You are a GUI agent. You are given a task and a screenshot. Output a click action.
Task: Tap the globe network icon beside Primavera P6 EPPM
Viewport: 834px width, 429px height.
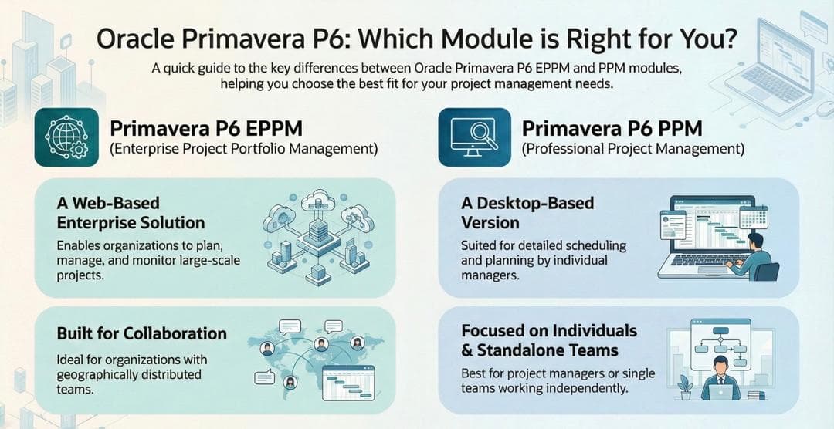click(66, 137)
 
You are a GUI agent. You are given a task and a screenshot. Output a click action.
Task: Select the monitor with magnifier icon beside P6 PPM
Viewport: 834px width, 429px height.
click(474, 137)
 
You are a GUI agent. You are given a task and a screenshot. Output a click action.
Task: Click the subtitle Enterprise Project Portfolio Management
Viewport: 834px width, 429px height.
click(244, 149)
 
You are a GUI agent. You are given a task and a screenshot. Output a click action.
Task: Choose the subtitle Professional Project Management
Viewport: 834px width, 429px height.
click(633, 149)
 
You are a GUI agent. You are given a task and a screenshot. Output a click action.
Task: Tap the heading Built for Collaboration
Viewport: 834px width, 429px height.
click(142, 333)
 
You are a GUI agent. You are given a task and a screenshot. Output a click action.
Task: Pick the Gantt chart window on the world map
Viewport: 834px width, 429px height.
click(348, 383)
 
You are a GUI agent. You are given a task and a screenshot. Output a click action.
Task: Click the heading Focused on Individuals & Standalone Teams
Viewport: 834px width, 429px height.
click(549, 340)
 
